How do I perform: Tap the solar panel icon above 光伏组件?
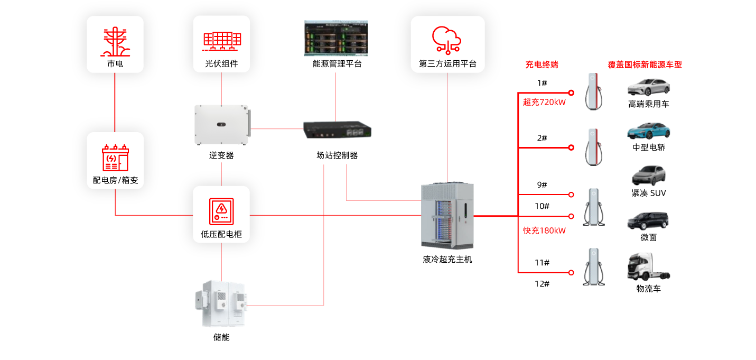[x=222, y=40]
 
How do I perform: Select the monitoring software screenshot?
[x=335, y=38]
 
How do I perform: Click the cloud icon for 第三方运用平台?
[x=447, y=39]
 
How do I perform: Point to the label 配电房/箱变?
[x=115, y=180]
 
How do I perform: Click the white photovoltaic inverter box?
[x=222, y=125]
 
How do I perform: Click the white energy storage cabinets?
[x=222, y=304]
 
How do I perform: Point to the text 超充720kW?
[x=544, y=103]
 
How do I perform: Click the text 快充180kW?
[x=544, y=230]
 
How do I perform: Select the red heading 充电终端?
[x=542, y=65]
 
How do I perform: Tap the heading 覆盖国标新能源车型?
[x=645, y=65]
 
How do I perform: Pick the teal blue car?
[x=648, y=131]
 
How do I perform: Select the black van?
[x=648, y=220]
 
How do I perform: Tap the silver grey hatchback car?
[x=648, y=176]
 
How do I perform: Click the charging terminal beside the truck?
[x=594, y=266]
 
